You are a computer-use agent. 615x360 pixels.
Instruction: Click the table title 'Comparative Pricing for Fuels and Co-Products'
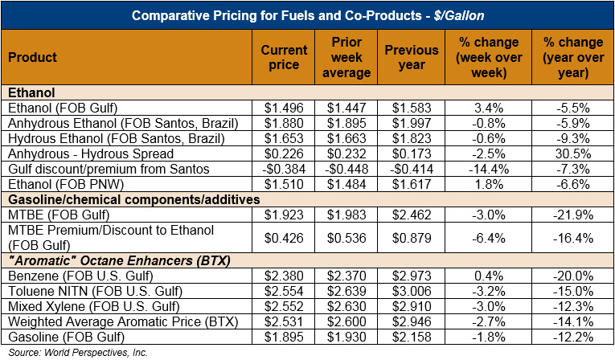(x=308, y=15)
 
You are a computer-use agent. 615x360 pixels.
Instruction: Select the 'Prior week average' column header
(x=351, y=57)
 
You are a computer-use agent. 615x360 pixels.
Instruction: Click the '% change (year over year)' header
(x=572, y=57)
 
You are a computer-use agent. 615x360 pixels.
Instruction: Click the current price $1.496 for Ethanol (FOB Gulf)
(x=285, y=108)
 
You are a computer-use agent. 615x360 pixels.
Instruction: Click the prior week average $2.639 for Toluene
(x=351, y=291)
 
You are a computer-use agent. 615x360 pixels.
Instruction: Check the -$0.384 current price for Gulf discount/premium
(x=285, y=169)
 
